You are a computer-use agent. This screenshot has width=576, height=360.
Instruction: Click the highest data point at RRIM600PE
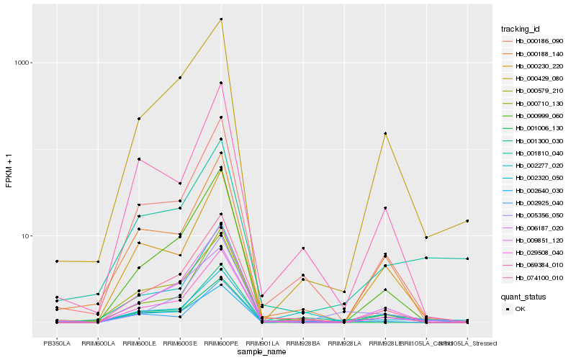[221, 19]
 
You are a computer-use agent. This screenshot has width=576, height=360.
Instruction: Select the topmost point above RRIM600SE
[180, 78]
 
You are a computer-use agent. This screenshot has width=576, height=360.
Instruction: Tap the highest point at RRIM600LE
[139, 119]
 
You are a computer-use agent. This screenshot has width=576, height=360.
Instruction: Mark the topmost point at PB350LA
[56, 261]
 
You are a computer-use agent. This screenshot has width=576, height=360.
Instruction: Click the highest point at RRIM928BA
[303, 248]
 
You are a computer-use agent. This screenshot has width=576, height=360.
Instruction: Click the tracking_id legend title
[521, 29]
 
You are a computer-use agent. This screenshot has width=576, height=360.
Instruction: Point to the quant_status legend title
[523, 296]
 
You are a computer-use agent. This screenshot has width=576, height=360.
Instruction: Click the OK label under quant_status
[520, 308]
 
